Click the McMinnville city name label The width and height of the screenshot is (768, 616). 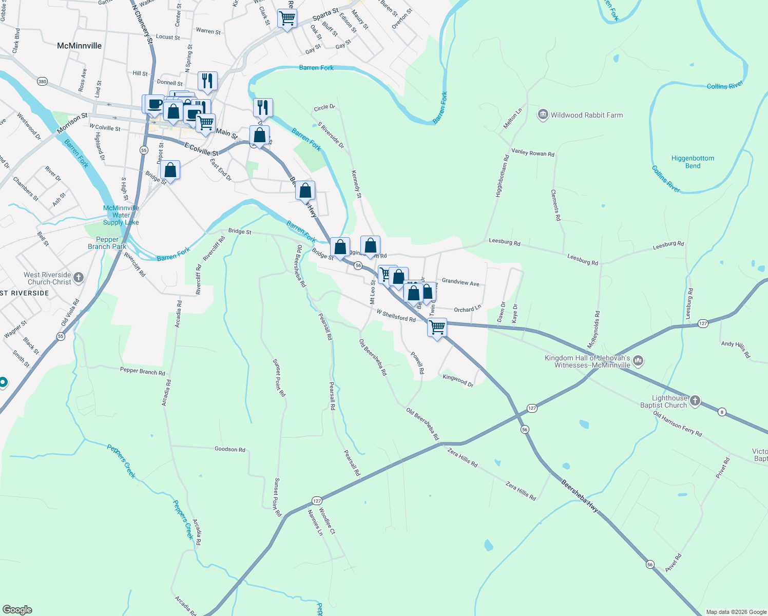point(80,46)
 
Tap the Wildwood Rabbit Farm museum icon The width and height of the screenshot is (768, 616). point(543,114)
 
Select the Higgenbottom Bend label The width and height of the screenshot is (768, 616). point(693,162)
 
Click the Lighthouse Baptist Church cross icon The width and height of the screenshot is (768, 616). point(695,401)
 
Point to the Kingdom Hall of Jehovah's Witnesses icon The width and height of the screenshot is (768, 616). point(638,361)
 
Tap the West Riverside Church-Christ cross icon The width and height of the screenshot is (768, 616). point(79,278)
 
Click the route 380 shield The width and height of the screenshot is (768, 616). point(42,81)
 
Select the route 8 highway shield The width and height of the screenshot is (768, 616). point(722,412)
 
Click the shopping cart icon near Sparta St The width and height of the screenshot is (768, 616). point(287,18)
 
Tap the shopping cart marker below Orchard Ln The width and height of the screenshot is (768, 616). point(437,327)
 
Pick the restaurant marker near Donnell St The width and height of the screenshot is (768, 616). point(207,81)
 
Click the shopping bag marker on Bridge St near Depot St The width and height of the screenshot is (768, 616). point(170,170)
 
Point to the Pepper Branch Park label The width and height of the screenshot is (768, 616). point(107,243)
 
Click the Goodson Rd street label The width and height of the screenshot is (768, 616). point(229,449)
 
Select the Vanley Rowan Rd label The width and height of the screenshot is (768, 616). point(533,153)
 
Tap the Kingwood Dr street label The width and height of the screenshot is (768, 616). point(458,380)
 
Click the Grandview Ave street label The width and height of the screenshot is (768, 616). point(460,282)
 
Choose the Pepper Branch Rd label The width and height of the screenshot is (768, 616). point(143,371)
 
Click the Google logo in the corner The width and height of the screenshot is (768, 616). point(17,610)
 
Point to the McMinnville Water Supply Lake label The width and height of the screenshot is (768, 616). point(121,215)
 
